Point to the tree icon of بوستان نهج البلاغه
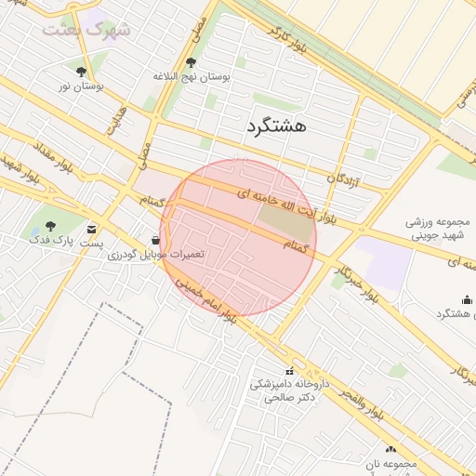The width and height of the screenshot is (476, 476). (x=191, y=63)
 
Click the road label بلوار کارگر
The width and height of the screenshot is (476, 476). (x=287, y=40)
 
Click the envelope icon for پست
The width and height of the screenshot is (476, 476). (x=91, y=228)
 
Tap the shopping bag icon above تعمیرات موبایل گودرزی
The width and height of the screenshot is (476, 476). (x=153, y=238)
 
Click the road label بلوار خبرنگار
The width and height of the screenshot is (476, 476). (x=353, y=270)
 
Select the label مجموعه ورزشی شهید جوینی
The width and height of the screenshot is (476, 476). (x=441, y=231)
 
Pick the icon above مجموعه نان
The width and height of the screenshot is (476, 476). (x=390, y=448)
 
